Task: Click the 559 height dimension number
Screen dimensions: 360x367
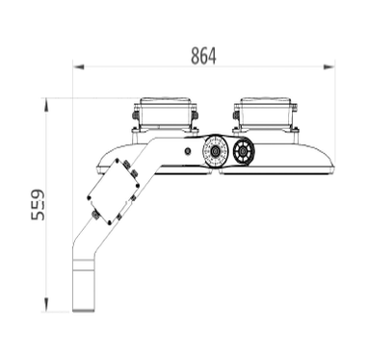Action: pyautogui.click(x=37, y=204)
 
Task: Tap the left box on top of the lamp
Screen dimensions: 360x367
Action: pyautogui.click(x=167, y=115)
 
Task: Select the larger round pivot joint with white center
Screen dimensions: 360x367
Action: pyautogui.click(x=214, y=152)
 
